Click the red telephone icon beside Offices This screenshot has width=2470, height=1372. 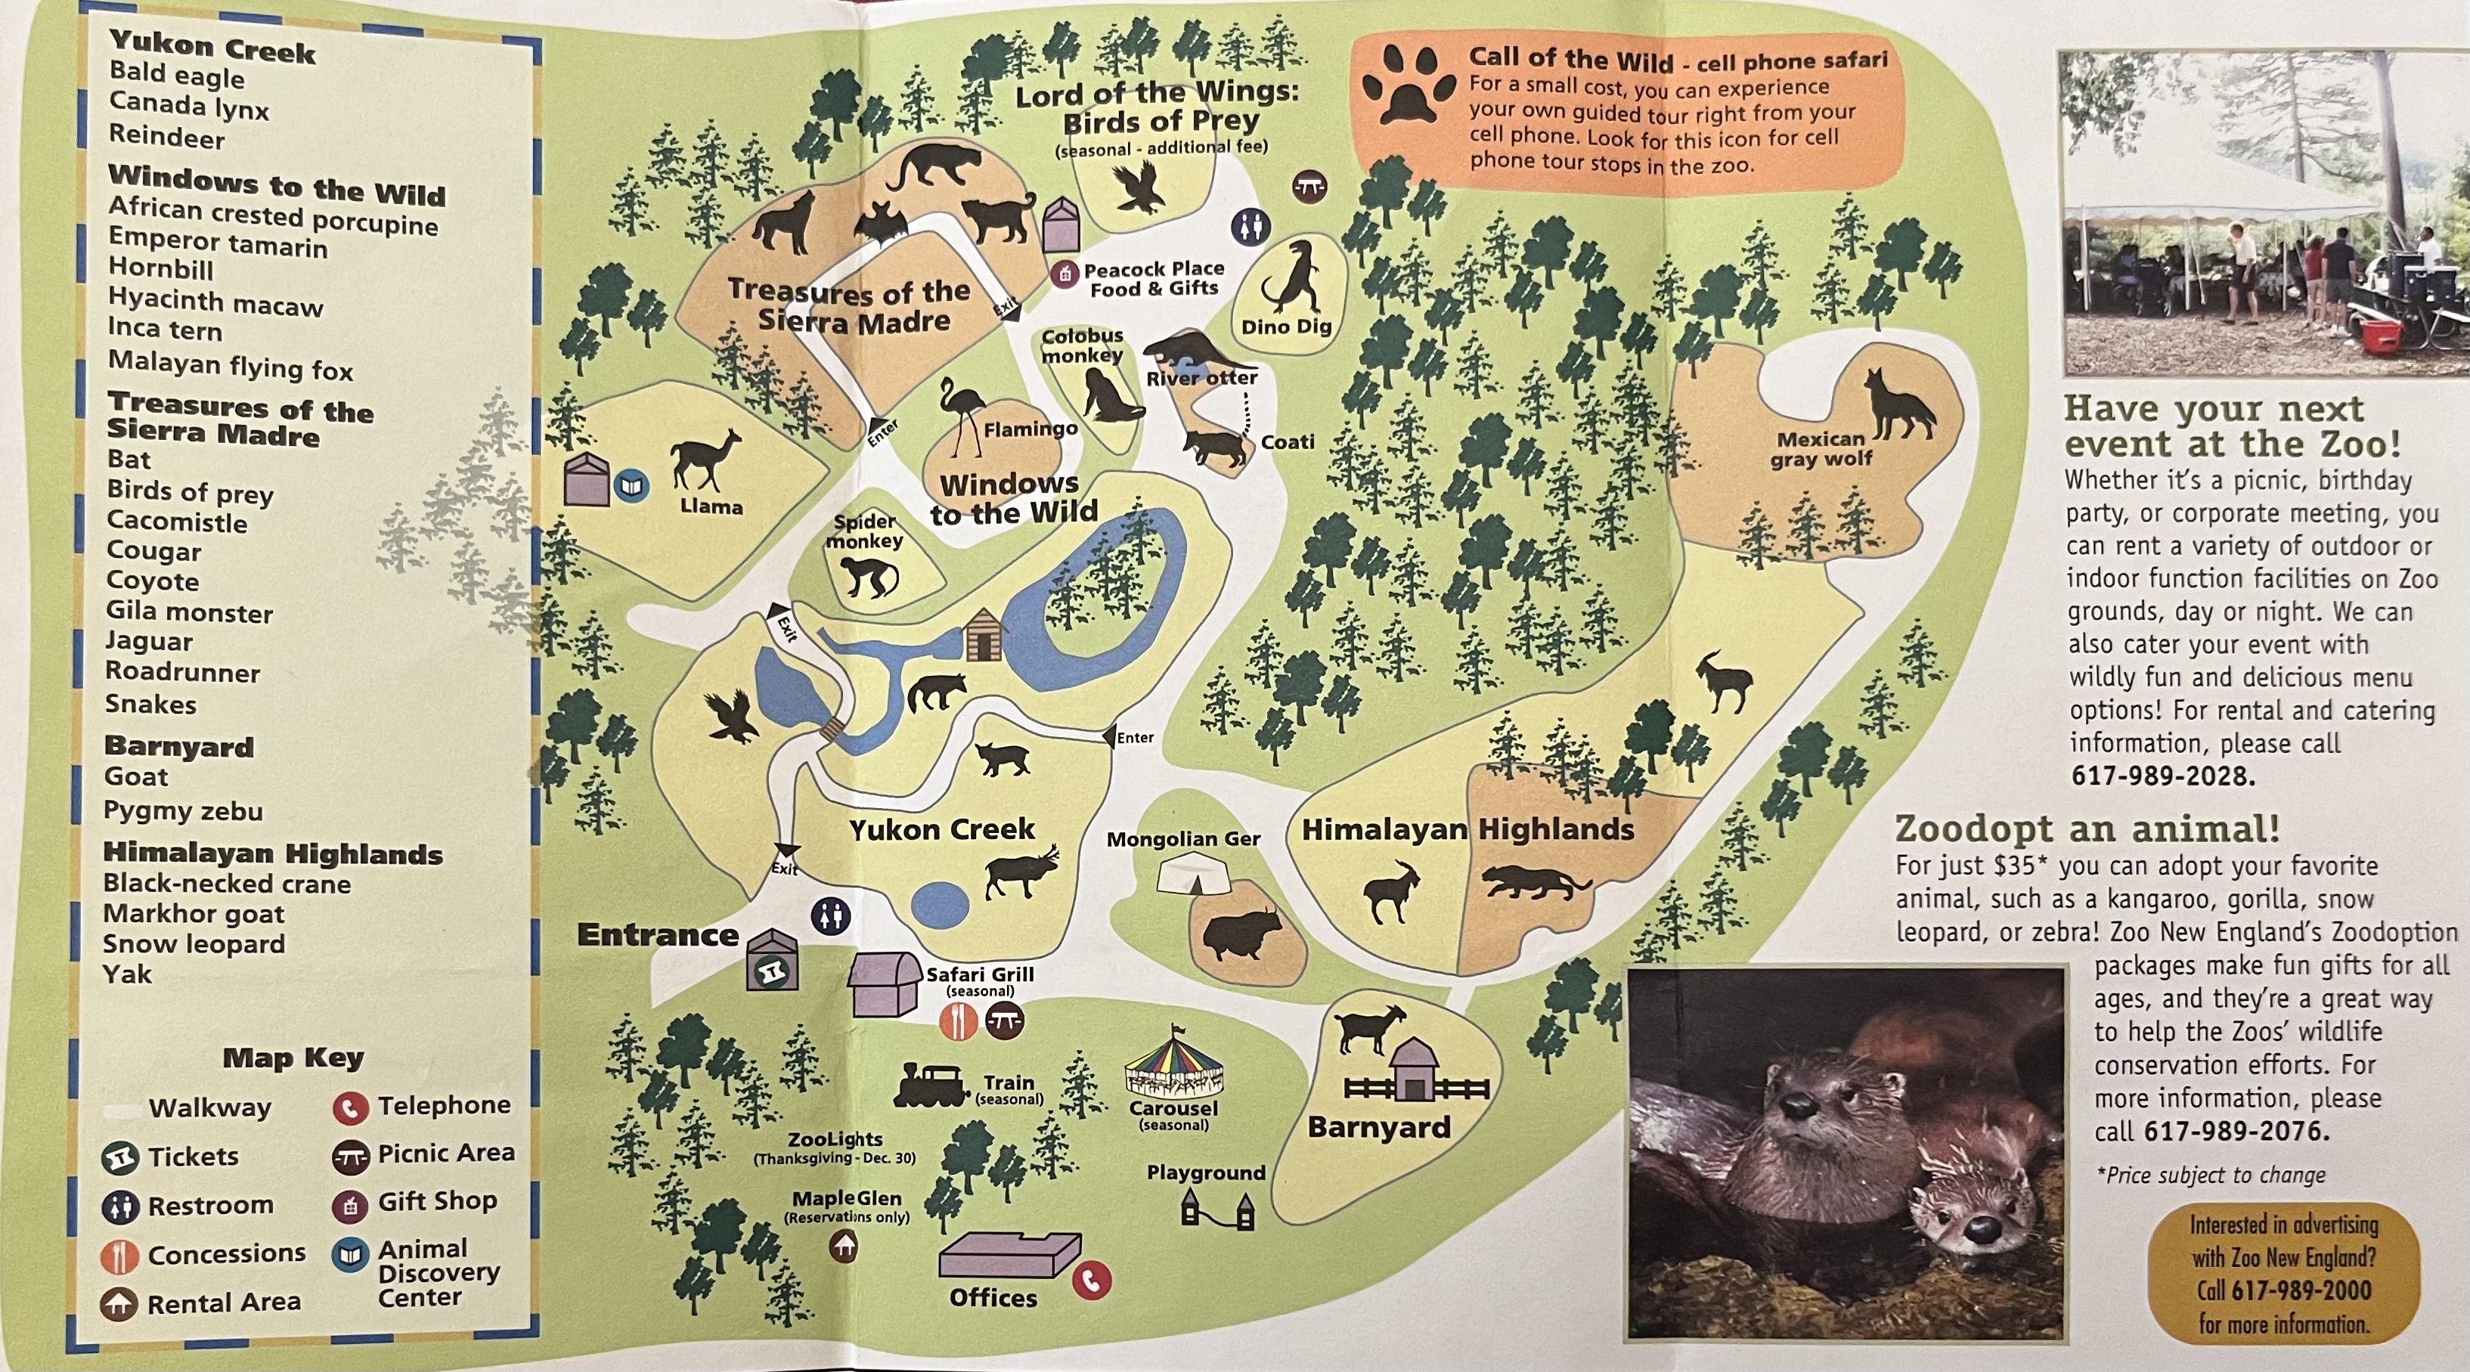pos(1091,1280)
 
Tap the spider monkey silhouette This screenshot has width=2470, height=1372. pos(868,575)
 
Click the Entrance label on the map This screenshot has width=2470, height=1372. pos(658,935)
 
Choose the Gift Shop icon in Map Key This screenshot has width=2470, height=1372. pos(350,1204)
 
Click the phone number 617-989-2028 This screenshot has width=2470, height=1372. pos(2162,776)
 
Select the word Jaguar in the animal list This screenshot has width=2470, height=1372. pos(149,642)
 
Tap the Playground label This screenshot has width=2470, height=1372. pos(1205,1172)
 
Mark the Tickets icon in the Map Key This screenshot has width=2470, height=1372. pos(120,1158)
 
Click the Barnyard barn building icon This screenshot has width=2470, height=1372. pos(1412,1071)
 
